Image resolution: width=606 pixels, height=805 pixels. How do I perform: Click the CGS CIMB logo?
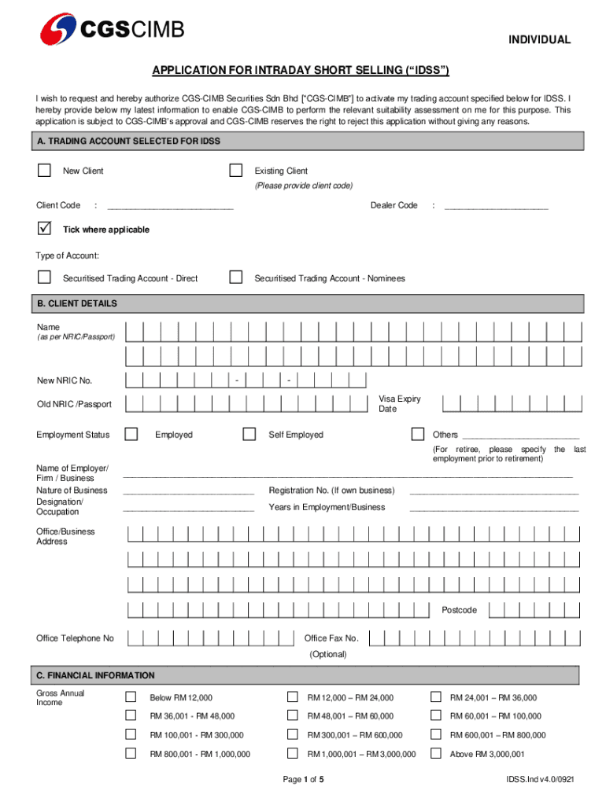click(x=113, y=30)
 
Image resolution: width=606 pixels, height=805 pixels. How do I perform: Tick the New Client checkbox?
click(x=44, y=171)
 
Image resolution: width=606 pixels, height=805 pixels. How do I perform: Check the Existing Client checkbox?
click(x=235, y=171)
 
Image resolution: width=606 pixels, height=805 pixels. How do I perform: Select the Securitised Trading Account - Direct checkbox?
click(x=44, y=278)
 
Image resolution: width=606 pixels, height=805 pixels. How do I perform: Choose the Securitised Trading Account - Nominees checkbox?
click(x=235, y=278)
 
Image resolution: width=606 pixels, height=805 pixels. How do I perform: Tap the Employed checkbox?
click(x=131, y=434)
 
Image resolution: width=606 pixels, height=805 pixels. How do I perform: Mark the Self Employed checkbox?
click(x=249, y=434)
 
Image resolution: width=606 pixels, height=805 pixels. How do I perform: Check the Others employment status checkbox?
click(x=419, y=434)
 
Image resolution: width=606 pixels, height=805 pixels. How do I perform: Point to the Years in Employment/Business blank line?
click(x=493, y=509)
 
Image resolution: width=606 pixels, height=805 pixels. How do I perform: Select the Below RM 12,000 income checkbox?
click(x=131, y=697)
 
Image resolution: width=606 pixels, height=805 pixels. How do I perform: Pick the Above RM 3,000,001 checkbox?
click(x=435, y=754)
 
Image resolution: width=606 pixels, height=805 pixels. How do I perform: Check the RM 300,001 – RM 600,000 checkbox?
click(x=293, y=735)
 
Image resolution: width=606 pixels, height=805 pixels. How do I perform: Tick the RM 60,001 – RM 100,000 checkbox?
click(x=435, y=716)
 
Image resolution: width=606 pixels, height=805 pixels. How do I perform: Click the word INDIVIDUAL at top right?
click(x=539, y=40)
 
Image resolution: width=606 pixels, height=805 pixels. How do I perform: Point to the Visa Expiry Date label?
click(x=400, y=404)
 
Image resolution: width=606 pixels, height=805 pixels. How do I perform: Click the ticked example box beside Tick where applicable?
click(x=44, y=229)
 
